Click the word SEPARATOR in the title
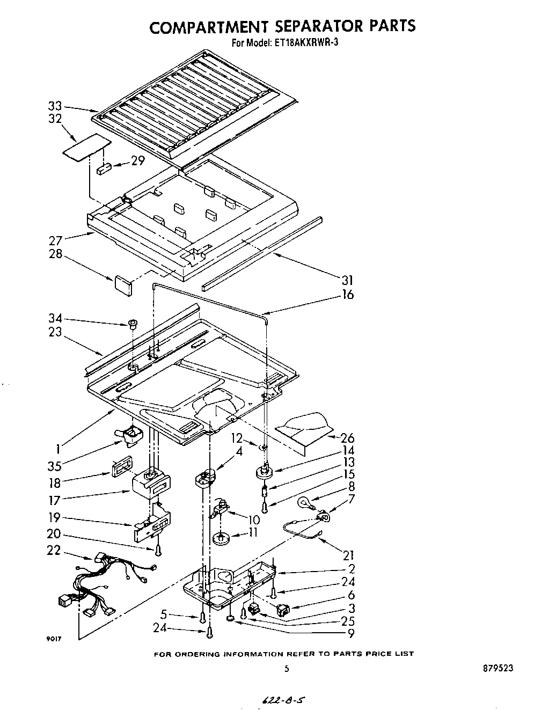pos(302,26)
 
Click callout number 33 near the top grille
pos(55,106)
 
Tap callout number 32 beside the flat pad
pos(55,119)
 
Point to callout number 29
pos(138,160)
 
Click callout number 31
pos(347,280)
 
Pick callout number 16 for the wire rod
pos(347,294)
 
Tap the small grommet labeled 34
pos(131,324)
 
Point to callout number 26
pos(347,437)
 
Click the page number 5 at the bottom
pos(287,669)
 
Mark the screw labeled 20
pos(158,550)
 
